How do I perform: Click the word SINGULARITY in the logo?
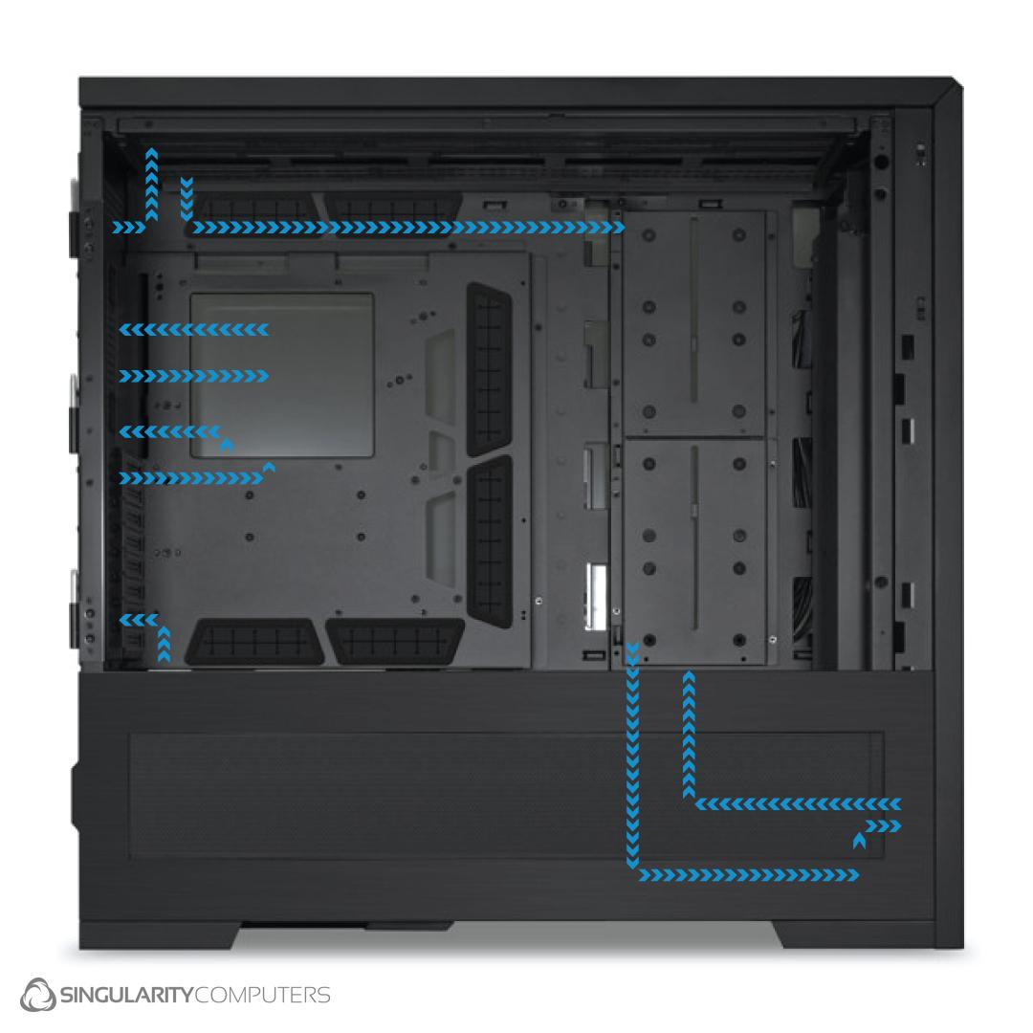pyautogui.click(x=126, y=994)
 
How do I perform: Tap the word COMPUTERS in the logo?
pyautogui.click(x=262, y=994)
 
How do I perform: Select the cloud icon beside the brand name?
pyautogui.click(x=38, y=994)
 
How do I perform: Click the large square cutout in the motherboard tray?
pyautogui.click(x=282, y=376)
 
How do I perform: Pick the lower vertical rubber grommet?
pyautogui.click(x=489, y=541)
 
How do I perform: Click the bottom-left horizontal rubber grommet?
pyautogui.click(x=254, y=641)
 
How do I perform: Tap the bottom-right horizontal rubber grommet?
pyautogui.click(x=395, y=641)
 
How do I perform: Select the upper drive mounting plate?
pyautogui.click(x=693, y=323)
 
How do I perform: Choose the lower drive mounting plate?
pyautogui.click(x=693, y=551)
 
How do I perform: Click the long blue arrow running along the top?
pyautogui.click(x=408, y=228)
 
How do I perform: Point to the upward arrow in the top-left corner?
pyautogui.click(x=151, y=185)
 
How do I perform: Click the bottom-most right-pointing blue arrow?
pyautogui.click(x=749, y=875)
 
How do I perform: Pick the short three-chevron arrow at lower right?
pyautogui.click(x=883, y=826)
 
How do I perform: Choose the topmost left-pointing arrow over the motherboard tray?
pyautogui.click(x=193, y=329)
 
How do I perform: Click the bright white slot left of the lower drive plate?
pyautogui.click(x=597, y=596)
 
